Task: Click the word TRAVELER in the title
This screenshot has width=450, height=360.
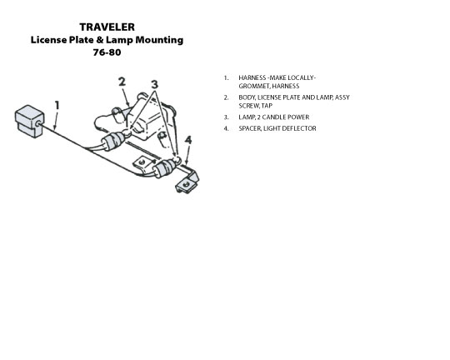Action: tap(107, 27)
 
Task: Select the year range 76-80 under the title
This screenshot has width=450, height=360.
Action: tap(107, 52)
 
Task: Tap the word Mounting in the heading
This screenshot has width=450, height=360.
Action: tap(159, 40)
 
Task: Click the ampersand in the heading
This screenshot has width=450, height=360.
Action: tap(100, 40)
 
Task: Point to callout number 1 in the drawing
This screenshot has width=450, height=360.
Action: tap(57, 105)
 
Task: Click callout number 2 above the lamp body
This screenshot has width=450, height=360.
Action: tap(122, 82)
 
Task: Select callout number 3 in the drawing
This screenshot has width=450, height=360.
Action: tap(155, 84)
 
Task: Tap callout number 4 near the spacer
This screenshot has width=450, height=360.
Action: tap(188, 140)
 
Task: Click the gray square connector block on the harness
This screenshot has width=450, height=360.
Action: tap(29, 121)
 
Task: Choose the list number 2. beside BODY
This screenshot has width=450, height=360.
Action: tap(227, 97)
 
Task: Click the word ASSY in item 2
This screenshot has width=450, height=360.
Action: tap(342, 97)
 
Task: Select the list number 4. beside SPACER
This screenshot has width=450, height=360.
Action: tap(227, 128)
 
